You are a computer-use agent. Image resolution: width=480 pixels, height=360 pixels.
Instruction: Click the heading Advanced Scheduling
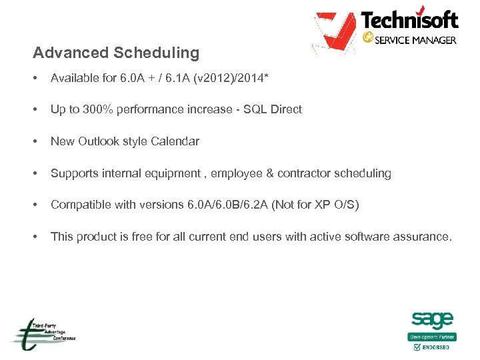pyautogui.click(x=116, y=53)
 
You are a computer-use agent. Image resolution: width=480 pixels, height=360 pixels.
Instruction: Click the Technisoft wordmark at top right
pyautogui.click(x=409, y=20)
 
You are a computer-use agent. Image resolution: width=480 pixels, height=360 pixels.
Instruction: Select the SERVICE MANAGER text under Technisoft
pyautogui.click(x=415, y=40)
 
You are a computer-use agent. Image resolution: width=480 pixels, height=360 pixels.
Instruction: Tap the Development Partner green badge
pyautogui.click(x=432, y=337)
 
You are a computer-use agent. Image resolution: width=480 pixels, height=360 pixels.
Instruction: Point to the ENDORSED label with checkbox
pyautogui.click(x=432, y=347)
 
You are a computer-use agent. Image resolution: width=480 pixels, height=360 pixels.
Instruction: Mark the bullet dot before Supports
pyautogui.click(x=35, y=173)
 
